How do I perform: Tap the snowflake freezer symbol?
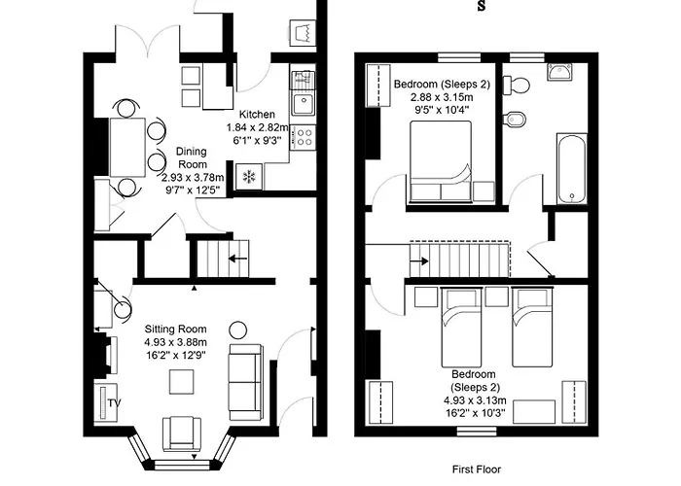click(x=249, y=177)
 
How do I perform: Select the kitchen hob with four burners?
click(x=303, y=136)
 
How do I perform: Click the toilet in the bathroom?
click(x=518, y=84)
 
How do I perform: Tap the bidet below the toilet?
click(x=514, y=121)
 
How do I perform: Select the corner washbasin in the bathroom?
click(x=558, y=72)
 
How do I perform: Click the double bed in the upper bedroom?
click(x=440, y=161)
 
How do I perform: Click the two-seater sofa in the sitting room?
click(x=244, y=381)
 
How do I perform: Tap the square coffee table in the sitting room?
click(x=182, y=382)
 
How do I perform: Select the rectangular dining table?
click(x=127, y=147)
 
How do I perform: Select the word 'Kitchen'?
click(x=258, y=114)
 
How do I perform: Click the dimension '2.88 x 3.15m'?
click(x=441, y=98)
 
